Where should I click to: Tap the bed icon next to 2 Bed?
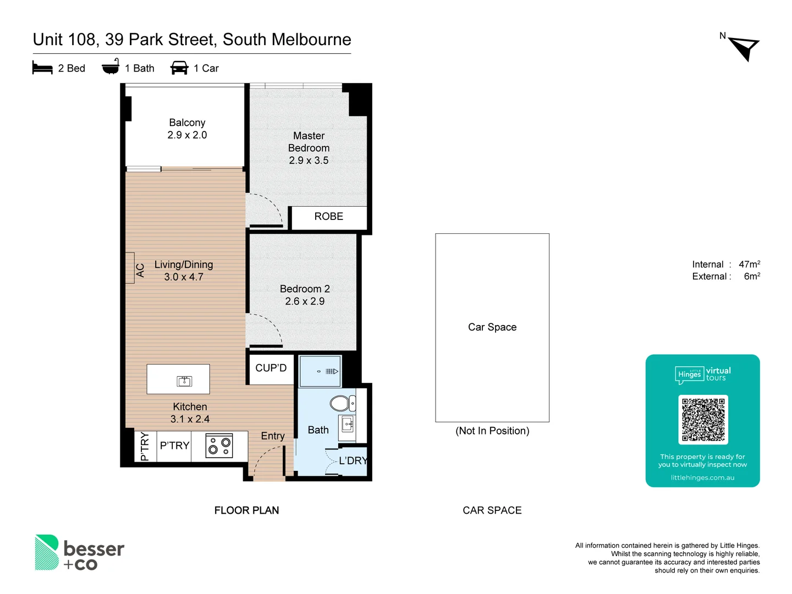pyautogui.click(x=42, y=68)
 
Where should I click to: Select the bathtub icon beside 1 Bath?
pyautogui.click(x=111, y=67)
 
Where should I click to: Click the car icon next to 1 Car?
pyautogui.click(x=179, y=68)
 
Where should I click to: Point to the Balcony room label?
pyautogui.click(x=187, y=123)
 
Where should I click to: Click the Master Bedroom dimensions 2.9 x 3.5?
pyautogui.click(x=309, y=161)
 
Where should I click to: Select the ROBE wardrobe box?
pyautogui.click(x=328, y=217)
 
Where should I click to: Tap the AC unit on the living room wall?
pyautogui.click(x=130, y=268)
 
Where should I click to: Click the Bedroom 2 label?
pyautogui.click(x=305, y=289)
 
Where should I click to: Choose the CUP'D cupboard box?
pyautogui.click(x=271, y=369)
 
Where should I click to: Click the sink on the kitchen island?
pyautogui.click(x=184, y=381)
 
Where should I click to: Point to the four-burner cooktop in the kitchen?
pyautogui.click(x=219, y=446)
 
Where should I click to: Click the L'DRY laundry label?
pyautogui.click(x=353, y=461)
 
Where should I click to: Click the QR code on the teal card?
pyautogui.click(x=703, y=420)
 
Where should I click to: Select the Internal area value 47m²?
pyautogui.click(x=749, y=265)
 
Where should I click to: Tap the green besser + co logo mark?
pyautogui.click(x=47, y=552)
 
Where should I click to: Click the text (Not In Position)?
pyautogui.click(x=492, y=431)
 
